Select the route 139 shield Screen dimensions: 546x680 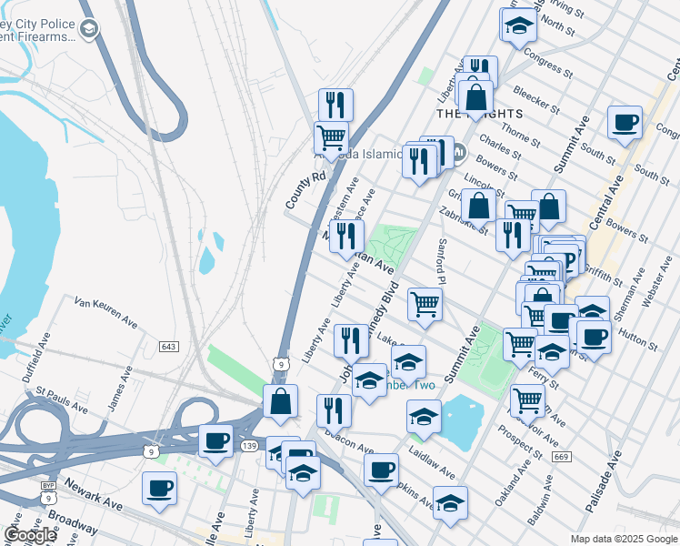point(248,445)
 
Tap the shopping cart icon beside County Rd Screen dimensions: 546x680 point(331,138)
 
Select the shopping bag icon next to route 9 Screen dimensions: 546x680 point(281,400)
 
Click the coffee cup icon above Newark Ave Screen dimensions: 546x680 point(159,488)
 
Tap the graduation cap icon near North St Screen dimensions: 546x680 point(518,25)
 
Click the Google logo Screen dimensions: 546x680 point(30,535)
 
